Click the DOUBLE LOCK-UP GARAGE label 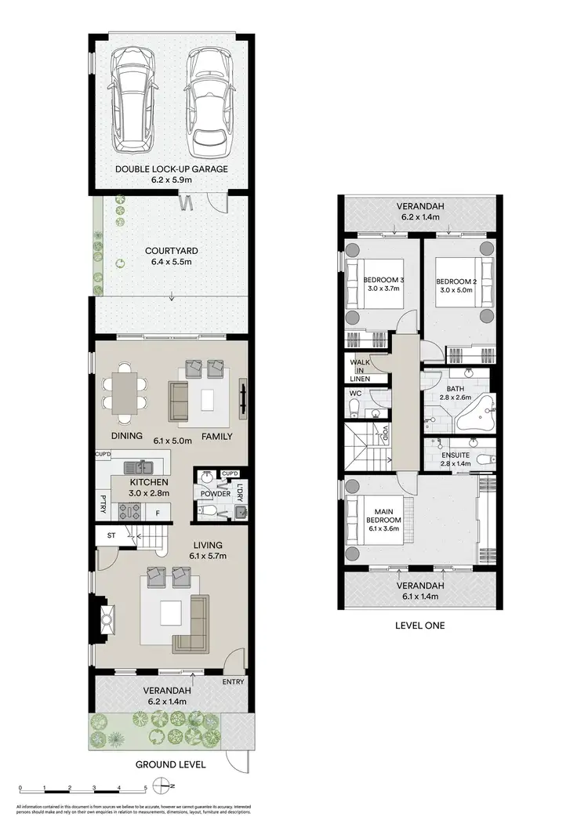click(x=171, y=169)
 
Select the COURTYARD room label click(x=171, y=251)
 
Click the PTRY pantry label click(x=103, y=499)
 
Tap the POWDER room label click(x=215, y=494)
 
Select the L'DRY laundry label click(x=240, y=492)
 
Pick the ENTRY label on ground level click(x=233, y=682)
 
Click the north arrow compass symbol click(x=165, y=787)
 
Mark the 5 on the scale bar click(x=144, y=787)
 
